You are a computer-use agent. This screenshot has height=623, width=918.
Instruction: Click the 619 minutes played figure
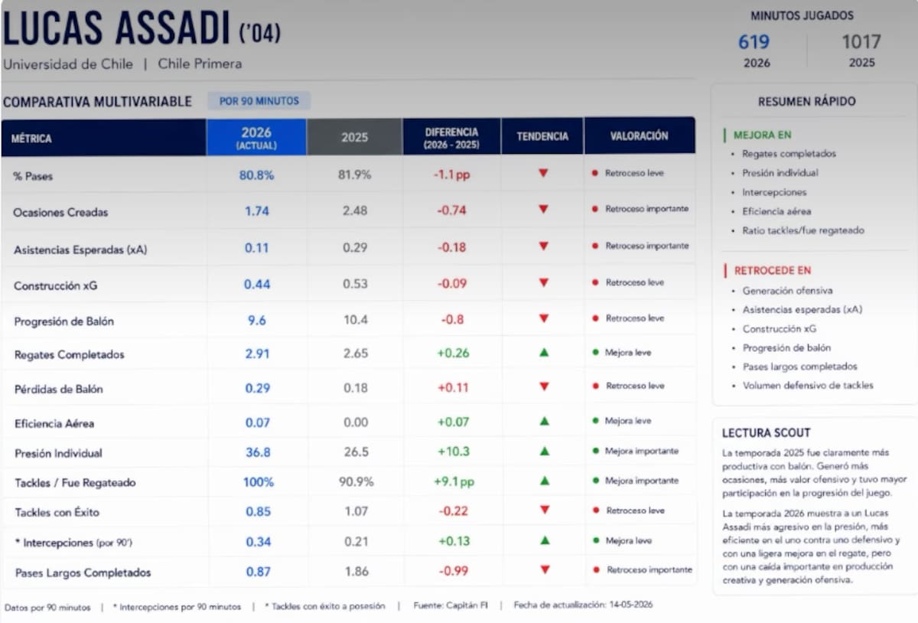tap(754, 42)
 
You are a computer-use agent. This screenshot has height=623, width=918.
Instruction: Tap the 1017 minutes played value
tap(861, 42)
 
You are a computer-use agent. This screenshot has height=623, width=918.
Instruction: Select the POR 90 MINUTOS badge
tap(259, 101)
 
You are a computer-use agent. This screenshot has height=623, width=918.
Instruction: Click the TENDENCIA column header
tap(542, 136)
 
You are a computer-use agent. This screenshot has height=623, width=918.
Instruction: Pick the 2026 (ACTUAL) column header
tap(256, 138)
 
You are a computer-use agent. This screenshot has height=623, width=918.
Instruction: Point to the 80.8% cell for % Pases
tap(256, 175)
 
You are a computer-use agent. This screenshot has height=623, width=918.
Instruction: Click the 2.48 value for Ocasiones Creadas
tap(355, 210)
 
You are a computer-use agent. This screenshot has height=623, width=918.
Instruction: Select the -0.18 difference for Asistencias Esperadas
tap(451, 247)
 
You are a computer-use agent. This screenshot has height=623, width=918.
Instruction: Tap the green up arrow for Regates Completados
tap(544, 352)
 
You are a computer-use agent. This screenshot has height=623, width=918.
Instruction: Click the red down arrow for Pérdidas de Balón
tap(544, 387)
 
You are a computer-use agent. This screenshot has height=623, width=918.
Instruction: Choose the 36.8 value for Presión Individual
tap(258, 452)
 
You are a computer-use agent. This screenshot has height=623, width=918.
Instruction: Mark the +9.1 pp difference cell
tap(454, 481)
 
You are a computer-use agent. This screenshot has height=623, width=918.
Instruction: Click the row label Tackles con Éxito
tap(57, 512)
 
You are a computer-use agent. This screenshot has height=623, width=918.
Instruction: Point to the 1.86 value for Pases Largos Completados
tap(356, 571)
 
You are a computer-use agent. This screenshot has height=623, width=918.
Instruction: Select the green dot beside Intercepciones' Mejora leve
tap(596, 540)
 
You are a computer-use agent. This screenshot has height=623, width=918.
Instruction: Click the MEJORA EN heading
tap(762, 135)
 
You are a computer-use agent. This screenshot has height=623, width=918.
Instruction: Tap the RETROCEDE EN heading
tap(773, 270)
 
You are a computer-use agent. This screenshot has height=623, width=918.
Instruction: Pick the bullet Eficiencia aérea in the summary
tap(776, 211)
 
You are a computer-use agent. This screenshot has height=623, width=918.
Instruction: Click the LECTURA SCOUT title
tap(766, 432)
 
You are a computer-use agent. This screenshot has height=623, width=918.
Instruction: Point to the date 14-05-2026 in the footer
tap(630, 605)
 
